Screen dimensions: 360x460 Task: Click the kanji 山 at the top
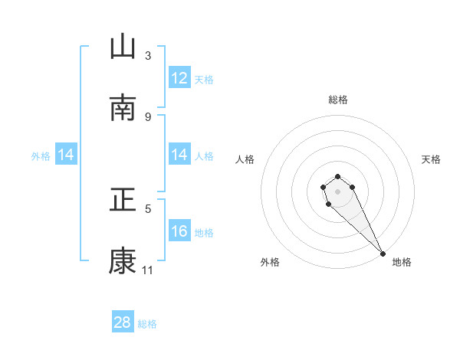[123, 47]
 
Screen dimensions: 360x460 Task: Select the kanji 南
[123, 107]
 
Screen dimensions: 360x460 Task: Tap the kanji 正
[123, 200]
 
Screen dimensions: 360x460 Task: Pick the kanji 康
[123, 260]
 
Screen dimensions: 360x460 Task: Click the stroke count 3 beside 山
[148, 56]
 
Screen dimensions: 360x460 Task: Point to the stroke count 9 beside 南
[148, 116]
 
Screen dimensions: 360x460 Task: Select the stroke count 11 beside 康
[148, 270]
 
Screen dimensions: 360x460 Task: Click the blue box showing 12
[179, 78]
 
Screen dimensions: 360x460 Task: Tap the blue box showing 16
[179, 231]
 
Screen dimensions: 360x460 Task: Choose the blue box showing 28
[123, 322]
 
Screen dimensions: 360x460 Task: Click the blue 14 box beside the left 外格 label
[66, 155]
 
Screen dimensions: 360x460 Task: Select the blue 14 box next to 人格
[179, 155]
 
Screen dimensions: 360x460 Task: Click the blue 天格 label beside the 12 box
[204, 79]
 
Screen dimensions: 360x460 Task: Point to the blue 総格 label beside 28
[147, 323]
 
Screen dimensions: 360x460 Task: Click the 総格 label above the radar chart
[338, 100]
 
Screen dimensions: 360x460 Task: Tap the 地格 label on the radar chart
[402, 262]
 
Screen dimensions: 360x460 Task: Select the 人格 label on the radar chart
[245, 159]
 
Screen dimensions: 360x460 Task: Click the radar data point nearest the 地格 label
[383, 254]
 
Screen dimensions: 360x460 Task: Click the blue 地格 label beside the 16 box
[204, 232]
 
